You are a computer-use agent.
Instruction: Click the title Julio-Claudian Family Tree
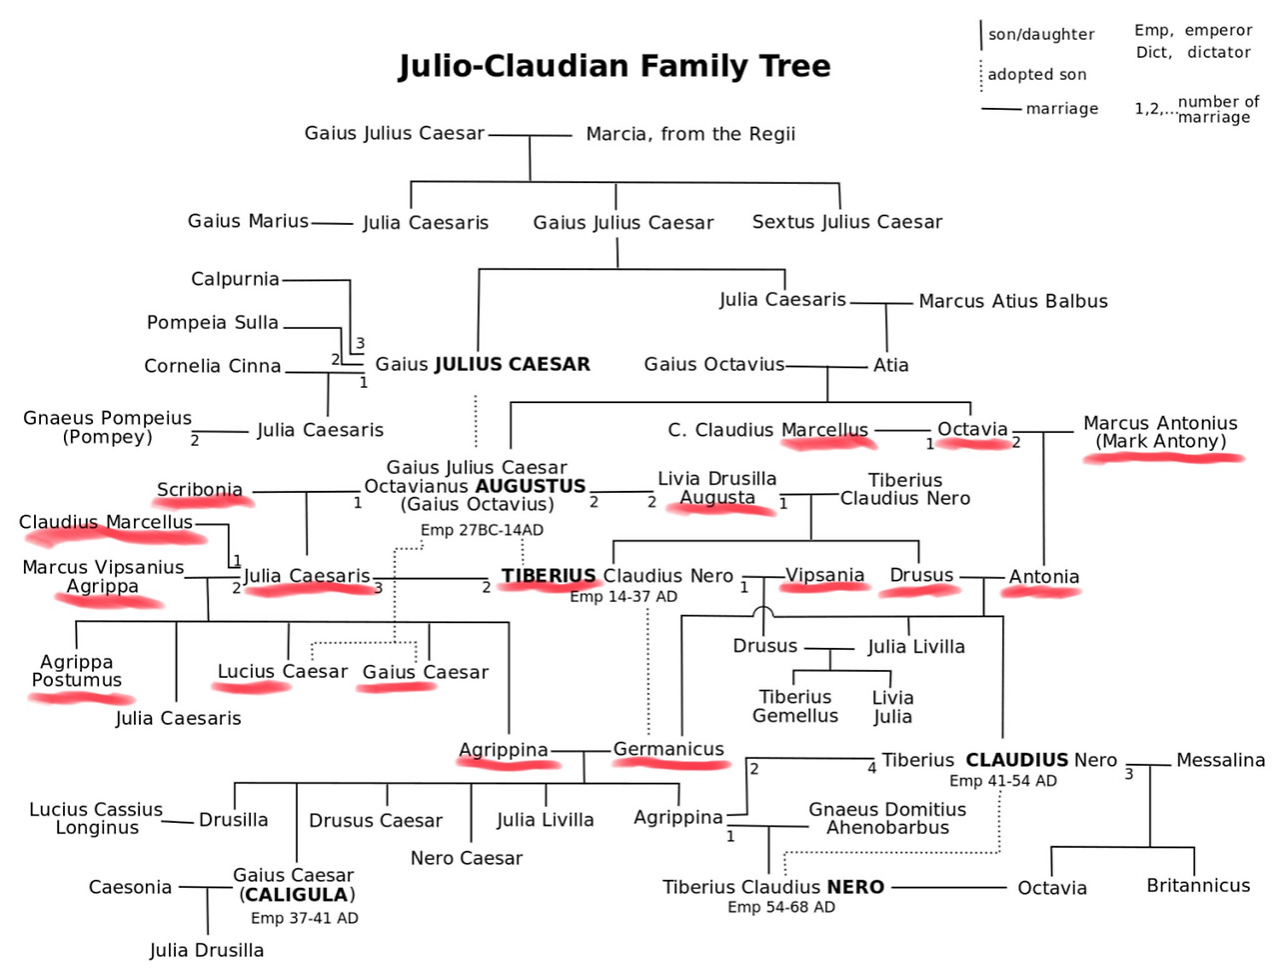click(615, 66)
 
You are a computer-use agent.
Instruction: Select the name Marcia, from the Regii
click(690, 134)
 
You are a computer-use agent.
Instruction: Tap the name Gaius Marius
click(248, 221)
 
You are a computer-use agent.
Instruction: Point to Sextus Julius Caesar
click(847, 222)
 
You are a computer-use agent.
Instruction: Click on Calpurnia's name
click(235, 279)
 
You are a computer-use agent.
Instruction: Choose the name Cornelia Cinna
click(213, 366)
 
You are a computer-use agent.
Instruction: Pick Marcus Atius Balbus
click(1013, 301)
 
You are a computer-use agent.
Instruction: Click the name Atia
click(890, 365)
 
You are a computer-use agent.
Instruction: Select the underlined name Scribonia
click(200, 489)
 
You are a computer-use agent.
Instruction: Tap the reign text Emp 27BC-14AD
click(482, 530)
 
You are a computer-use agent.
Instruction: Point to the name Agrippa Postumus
click(77, 671)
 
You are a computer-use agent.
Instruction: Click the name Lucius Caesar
click(283, 671)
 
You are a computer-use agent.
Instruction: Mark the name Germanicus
click(668, 749)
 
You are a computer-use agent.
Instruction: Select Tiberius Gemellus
click(795, 706)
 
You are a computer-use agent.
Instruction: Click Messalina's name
click(1221, 760)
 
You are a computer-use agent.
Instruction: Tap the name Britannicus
click(1198, 885)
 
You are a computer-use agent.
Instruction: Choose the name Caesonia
click(130, 887)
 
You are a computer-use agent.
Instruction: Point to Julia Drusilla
click(207, 950)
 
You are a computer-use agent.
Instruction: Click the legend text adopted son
click(1037, 75)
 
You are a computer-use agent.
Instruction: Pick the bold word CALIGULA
click(297, 895)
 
